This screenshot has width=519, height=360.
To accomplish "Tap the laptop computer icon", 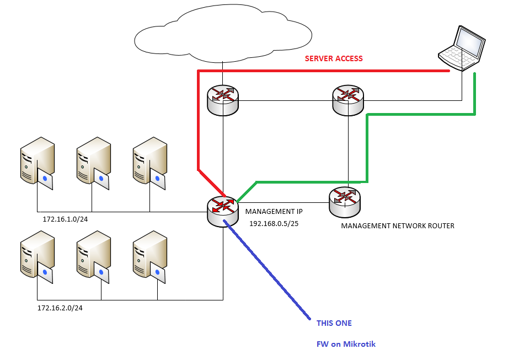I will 463,48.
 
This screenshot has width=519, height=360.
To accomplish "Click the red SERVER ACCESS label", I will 334,58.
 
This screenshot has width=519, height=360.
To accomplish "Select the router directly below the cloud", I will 223,100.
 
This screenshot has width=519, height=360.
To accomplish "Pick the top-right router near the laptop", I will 348,100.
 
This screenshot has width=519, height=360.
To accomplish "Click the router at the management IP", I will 223,211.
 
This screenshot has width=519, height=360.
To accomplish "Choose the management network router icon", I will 344,202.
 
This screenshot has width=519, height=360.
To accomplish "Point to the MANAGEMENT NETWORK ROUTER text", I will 398,226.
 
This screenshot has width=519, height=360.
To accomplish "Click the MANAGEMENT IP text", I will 274,211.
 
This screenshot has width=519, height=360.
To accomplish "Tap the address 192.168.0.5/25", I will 274,224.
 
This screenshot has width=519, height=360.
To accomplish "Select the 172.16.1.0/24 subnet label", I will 66,219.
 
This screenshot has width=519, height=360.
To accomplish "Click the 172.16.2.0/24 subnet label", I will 60,308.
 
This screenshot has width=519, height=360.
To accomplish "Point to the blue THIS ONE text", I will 334,323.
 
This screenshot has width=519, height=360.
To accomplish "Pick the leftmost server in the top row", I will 37,162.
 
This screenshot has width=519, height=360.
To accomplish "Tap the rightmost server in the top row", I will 150,162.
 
